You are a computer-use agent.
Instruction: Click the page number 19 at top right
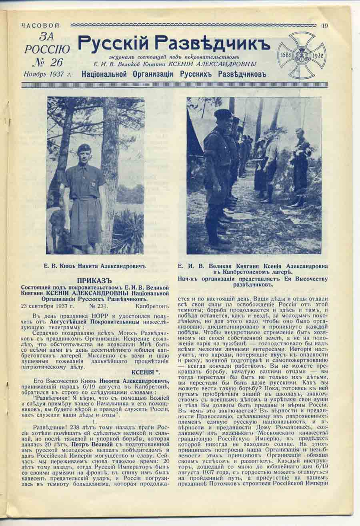[x=324, y=26]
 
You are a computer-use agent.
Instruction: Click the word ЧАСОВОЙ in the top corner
[x=40, y=26]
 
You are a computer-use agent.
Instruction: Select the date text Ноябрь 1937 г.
[x=47, y=74]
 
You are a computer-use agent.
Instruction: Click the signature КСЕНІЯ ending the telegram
[x=145, y=373]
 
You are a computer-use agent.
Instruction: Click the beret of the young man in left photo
[x=84, y=147]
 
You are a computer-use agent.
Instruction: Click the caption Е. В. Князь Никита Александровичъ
[x=95, y=265]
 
